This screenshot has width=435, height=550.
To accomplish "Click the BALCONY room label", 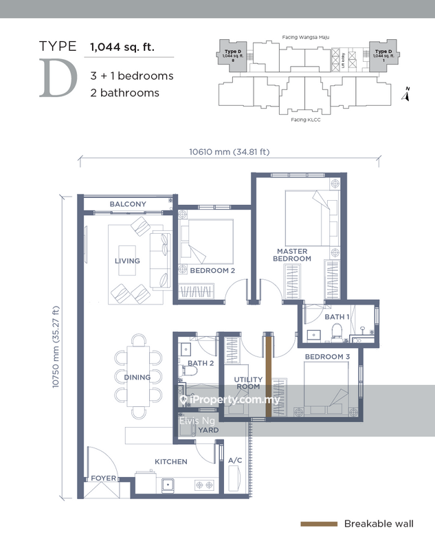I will [x=129, y=204].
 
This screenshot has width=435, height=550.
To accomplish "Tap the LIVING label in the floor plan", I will [x=128, y=261].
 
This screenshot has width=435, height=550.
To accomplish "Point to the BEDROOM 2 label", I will [x=213, y=271].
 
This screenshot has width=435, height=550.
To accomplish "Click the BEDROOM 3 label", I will [x=328, y=357].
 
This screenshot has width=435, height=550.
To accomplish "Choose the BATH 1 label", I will [x=337, y=317].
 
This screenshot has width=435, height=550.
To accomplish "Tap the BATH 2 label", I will [x=201, y=363].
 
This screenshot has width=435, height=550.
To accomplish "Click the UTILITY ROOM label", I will [x=249, y=384].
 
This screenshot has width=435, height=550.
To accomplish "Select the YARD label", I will [x=208, y=430].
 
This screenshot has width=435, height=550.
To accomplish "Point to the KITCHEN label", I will [x=171, y=462].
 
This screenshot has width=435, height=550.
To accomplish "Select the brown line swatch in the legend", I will [x=319, y=524].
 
